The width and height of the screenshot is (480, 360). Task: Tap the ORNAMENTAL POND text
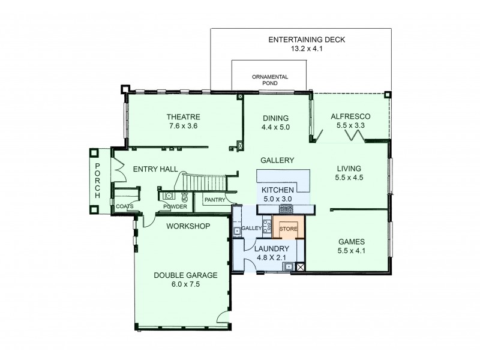click(270, 80)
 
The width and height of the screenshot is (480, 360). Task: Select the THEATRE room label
click(183, 117)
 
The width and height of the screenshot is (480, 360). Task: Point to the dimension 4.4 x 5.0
click(275, 127)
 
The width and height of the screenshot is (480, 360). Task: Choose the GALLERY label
click(277, 160)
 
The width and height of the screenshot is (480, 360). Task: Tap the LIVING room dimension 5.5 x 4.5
click(349, 178)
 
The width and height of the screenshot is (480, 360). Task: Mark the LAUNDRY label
click(272, 248)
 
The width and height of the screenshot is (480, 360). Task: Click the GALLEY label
click(251, 229)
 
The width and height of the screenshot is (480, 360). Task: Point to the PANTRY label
click(214, 199)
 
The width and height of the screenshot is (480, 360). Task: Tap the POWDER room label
click(175, 207)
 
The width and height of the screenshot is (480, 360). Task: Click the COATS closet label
click(124, 207)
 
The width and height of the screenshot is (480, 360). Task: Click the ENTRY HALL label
click(155, 170)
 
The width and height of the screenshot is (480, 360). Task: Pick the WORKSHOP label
click(187, 226)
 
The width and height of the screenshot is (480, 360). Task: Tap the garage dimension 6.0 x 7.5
click(185, 284)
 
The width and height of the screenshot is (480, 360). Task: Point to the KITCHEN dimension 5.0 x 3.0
click(278, 199)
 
